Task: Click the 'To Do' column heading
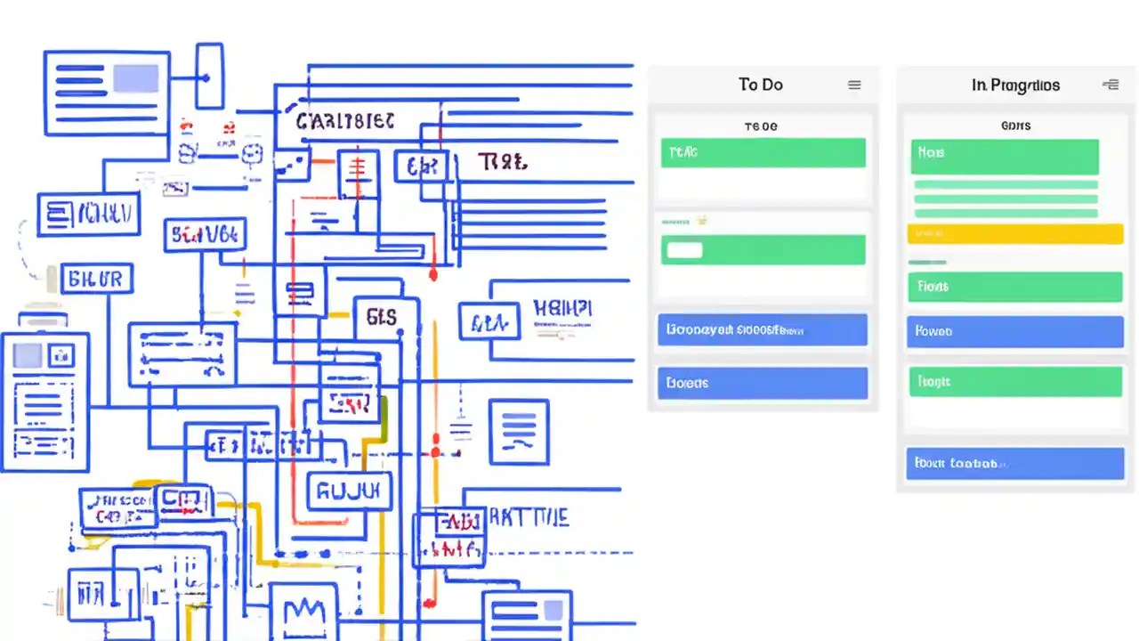[760, 85]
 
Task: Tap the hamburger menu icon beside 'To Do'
[854, 85]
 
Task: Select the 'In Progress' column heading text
[1015, 85]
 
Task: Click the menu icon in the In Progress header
[1111, 85]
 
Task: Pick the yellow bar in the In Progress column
[1014, 234]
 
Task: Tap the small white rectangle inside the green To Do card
[684, 250]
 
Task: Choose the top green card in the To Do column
[763, 152]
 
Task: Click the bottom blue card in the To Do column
[762, 383]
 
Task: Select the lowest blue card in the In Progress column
[1014, 464]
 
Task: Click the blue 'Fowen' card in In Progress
[1014, 330]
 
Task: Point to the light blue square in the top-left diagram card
[135, 78]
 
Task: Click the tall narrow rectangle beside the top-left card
[209, 76]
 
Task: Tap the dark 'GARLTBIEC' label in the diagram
[345, 121]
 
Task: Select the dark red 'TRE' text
[503, 162]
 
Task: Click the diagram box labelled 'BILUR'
[95, 279]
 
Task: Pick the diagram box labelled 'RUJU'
[349, 491]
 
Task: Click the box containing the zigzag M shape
[304, 613]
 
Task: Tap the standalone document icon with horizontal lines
[519, 431]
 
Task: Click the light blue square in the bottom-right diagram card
[553, 609]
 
